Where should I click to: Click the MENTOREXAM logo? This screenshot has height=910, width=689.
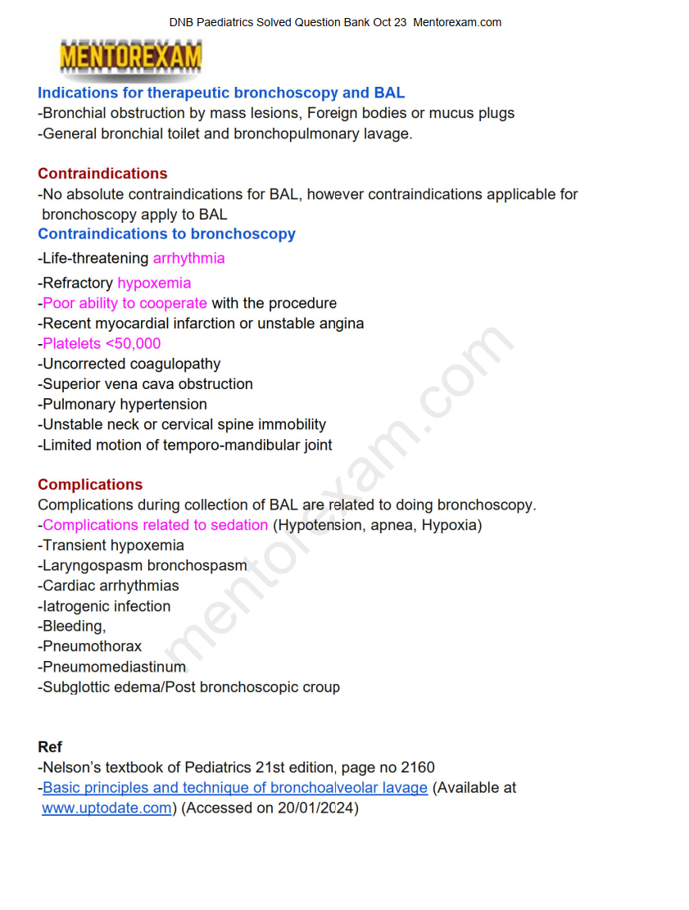pyautogui.click(x=131, y=58)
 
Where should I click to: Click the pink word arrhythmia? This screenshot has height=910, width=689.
pyautogui.click(x=188, y=259)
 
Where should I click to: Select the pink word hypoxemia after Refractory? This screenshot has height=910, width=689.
pyautogui.click(x=154, y=283)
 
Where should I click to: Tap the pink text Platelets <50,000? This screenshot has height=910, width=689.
pyautogui.click(x=102, y=344)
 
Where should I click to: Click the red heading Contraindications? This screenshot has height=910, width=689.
pyautogui.click(x=102, y=174)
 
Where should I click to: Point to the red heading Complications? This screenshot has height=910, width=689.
pyautogui.click(x=90, y=485)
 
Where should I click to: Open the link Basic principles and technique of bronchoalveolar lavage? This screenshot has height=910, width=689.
pyautogui.click(x=235, y=788)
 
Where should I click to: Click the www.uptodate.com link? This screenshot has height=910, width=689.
pyautogui.click(x=107, y=808)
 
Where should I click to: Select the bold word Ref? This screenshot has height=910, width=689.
pyautogui.click(x=50, y=747)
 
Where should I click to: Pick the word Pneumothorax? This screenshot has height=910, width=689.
pyautogui.click(x=92, y=647)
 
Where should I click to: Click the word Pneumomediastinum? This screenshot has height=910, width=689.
pyautogui.click(x=114, y=667)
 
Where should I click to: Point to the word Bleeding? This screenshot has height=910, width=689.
pyautogui.click(x=73, y=627)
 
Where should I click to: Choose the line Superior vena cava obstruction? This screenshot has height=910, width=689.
pyautogui.click(x=147, y=384)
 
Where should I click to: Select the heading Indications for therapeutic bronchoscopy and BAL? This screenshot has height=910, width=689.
pyautogui.click(x=221, y=93)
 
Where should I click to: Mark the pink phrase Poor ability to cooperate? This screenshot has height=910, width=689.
pyautogui.click(x=125, y=303)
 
